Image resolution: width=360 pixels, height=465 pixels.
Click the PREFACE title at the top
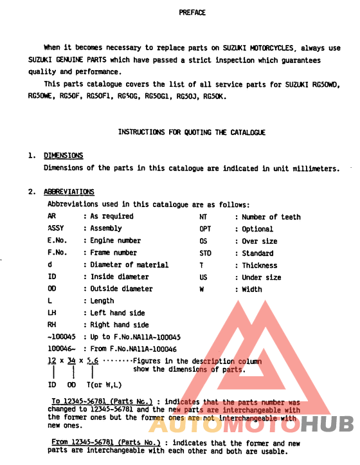pos(192,12)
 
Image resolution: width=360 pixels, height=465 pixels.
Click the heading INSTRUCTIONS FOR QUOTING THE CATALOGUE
pos(192,132)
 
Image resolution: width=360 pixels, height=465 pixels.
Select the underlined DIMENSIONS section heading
pos(63,156)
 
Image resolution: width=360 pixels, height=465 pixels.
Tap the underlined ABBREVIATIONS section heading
pos(69,192)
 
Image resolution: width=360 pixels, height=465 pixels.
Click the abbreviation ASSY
pos(57,228)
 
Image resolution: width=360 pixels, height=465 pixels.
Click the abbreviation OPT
pos(205,229)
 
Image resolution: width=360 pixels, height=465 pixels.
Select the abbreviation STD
pos(205,253)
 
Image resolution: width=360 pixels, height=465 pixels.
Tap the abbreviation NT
pos(203,217)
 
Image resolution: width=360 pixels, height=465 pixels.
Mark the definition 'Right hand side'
pos(120,325)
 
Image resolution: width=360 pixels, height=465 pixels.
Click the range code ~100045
pos(62,337)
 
